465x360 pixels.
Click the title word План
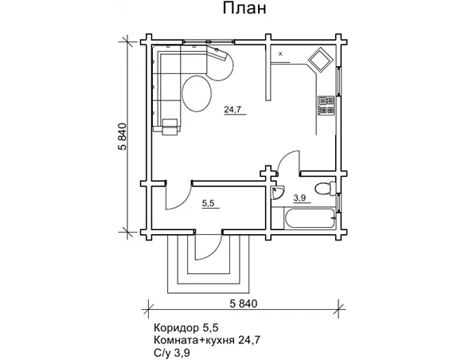pyautogui.click(x=244, y=9)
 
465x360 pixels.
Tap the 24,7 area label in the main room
pyautogui.click(x=232, y=110)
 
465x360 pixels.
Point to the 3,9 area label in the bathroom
pyautogui.click(x=299, y=198)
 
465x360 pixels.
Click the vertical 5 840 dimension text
pyautogui.click(x=122, y=137)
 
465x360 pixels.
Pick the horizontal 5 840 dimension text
pyautogui.click(x=244, y=303)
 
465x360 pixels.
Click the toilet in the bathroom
pyautogui.click(x=325, y=188)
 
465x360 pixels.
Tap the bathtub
pyautogui.click(x=309, y=218)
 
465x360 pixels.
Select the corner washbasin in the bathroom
pyautogui.click(x=276, y=192)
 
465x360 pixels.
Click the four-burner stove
pyautogui.click(x=326, y=105)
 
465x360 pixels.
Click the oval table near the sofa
pyautogui.click(x=197, y=93)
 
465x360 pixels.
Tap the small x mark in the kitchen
pyautogui.click(x=280, y=54)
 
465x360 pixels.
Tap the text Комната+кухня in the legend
pyautogui.click(x=194, y=340)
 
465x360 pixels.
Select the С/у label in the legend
pyautogui.click(x=162, y=353)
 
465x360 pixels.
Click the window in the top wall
pyautogui.click(x=208, y=42)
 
